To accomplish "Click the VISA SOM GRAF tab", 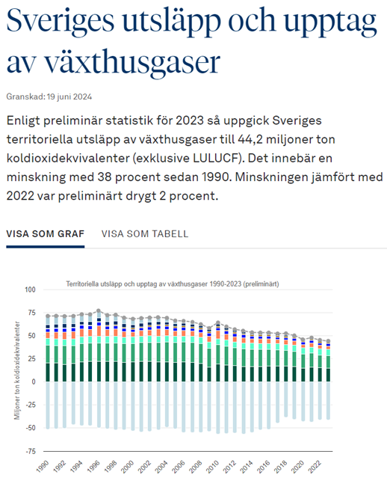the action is tap(46, 233).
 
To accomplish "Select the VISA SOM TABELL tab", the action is tap(145, 233).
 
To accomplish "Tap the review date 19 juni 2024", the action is tap(69, 97).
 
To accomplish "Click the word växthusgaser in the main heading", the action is tap(132, 62).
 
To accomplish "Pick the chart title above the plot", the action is tap(173, 284).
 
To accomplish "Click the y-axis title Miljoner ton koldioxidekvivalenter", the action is tap(17, 370).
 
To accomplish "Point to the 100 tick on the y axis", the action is tap(30, 289).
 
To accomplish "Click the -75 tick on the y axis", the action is tap(31, 451).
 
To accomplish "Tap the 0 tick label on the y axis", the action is tap(34, 382).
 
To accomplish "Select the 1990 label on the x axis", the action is tap(43, 466).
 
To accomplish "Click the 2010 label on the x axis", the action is tap(213, 466).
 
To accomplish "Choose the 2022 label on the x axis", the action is tap(315, 466).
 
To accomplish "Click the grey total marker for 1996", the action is tap(99, 310).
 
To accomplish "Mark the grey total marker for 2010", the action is tap(218, 322).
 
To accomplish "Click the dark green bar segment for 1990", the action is tap(48, 373).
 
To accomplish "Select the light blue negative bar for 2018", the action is tap(286, 399).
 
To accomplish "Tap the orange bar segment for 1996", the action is tap(99, 331).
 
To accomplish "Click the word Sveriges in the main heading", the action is tap(61, 21).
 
